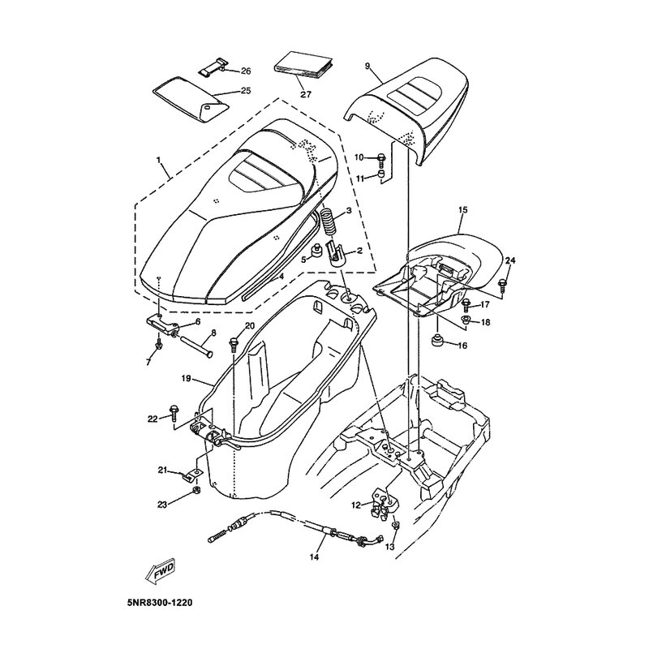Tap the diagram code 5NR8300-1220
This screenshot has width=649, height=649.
pos(160,603)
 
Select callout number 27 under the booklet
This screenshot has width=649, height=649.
pos(306,94)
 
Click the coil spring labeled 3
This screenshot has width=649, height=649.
pos(330,222)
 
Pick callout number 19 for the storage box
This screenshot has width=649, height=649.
pos(187,378)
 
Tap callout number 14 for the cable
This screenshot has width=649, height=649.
pos(314,557)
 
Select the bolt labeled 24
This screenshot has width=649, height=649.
pos(503,284)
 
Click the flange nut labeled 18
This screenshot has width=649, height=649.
pos(465,320)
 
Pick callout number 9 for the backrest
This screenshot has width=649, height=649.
pos(367,66)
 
